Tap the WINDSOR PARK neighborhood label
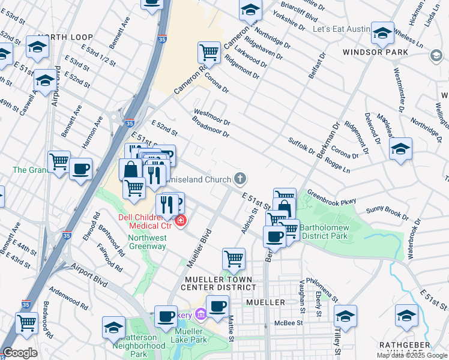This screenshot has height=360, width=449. tap(375, 52)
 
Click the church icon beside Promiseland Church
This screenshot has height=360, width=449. tap(240, 178)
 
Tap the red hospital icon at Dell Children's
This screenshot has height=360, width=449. tap(180, 221)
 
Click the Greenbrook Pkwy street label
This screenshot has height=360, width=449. tap(332, 197)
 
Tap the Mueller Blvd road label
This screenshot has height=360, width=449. tap(200, 247)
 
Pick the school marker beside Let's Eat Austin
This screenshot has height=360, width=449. tap(382, 33)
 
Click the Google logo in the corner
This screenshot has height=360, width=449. tap(20, 353)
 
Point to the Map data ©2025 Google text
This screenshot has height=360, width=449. tap(412, 355)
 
